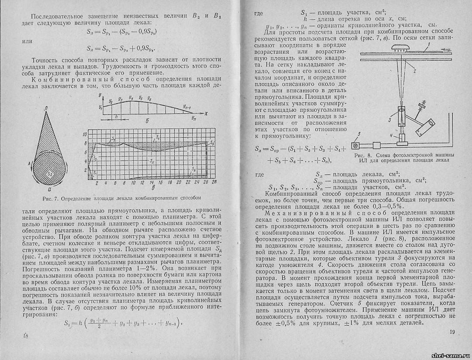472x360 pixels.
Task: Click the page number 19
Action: point(452,332)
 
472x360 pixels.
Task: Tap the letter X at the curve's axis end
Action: point(204,113)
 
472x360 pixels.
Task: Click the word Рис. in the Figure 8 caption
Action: point(359,155)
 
